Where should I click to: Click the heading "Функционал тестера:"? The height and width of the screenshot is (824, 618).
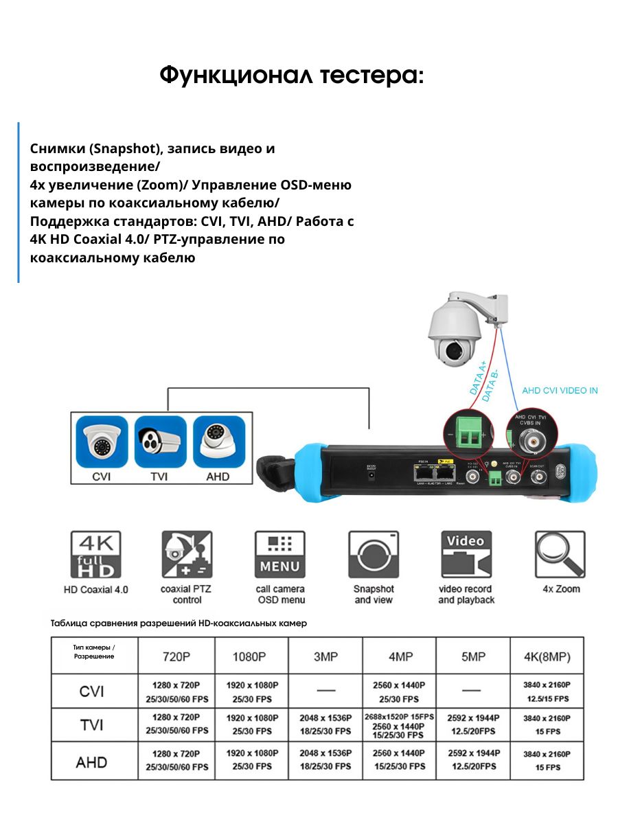[292, 76]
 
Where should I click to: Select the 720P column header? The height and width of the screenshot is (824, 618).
[176, 656]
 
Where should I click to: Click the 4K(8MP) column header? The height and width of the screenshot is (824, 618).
[547, 656]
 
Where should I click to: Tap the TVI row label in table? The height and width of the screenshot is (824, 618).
[92, 724]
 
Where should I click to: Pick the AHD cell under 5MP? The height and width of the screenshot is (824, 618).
[473, 759]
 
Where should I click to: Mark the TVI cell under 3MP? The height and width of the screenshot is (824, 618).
[325, 724]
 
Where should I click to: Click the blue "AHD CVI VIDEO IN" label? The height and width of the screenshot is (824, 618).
[560, 390]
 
